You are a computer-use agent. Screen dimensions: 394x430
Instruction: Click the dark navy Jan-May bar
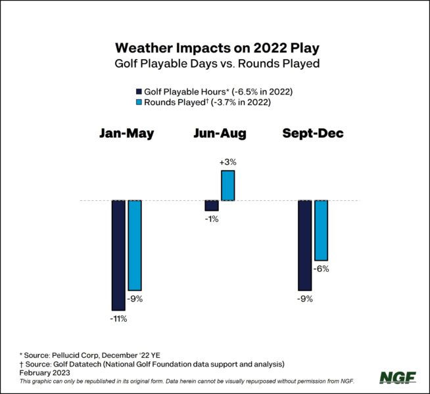click(118, 255)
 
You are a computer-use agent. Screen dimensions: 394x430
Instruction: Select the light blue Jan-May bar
click(135, 245)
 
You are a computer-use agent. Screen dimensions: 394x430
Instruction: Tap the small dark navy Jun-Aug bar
click(211, 206)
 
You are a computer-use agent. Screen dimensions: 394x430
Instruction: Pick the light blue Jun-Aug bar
click(227, 185)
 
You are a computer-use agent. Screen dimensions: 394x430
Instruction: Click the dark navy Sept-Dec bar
click(305, 245)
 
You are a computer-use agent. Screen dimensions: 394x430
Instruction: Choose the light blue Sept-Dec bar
click(322, 230)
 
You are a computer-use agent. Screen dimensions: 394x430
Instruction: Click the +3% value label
click(227, 162)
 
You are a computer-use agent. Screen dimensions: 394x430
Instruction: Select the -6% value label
click(321, 269)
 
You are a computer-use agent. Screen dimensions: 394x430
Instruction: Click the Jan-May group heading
click(127, 133)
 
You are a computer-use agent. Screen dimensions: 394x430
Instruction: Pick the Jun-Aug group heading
click(220, 133)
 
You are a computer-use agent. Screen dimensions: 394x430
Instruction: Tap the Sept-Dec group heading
click(313, 133)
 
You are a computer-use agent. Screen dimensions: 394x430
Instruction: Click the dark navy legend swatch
click(138, 91)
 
